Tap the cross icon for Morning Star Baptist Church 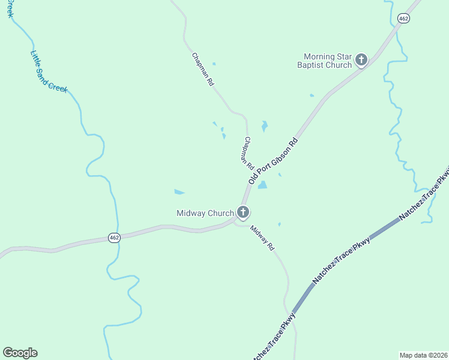361,59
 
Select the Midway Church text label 205,213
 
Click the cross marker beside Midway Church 243,212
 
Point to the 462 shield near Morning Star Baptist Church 403,19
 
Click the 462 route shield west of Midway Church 115,238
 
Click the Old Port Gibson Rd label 273,161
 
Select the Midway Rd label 262,238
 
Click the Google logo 20,353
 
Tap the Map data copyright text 423,355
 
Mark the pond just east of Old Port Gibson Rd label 262,185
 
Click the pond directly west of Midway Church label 179,192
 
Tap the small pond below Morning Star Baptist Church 312,95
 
